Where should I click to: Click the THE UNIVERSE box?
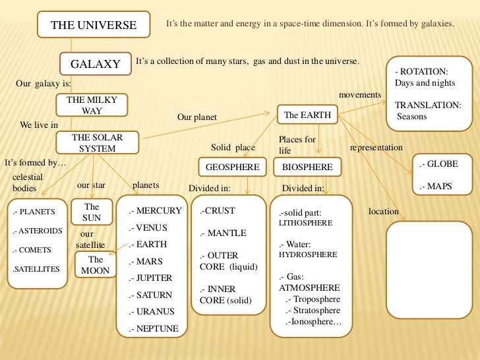click(x=94, y=26)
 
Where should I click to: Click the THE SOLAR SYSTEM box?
click(x=97, y=143)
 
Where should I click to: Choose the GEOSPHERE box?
click(x=232, y=167)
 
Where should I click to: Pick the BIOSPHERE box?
click(x=307, y=167)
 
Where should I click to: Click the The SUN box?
click(x=92, y=212)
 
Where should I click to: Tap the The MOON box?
click(x=96, y=265)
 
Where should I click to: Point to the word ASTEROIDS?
click(x=41, y=231)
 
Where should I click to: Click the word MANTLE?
click(x=226, y=233)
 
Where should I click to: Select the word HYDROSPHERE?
click(x=308, y=254)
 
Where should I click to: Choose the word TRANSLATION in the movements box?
click(x=427, y=105)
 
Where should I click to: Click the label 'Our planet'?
click(x=196, y=118)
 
